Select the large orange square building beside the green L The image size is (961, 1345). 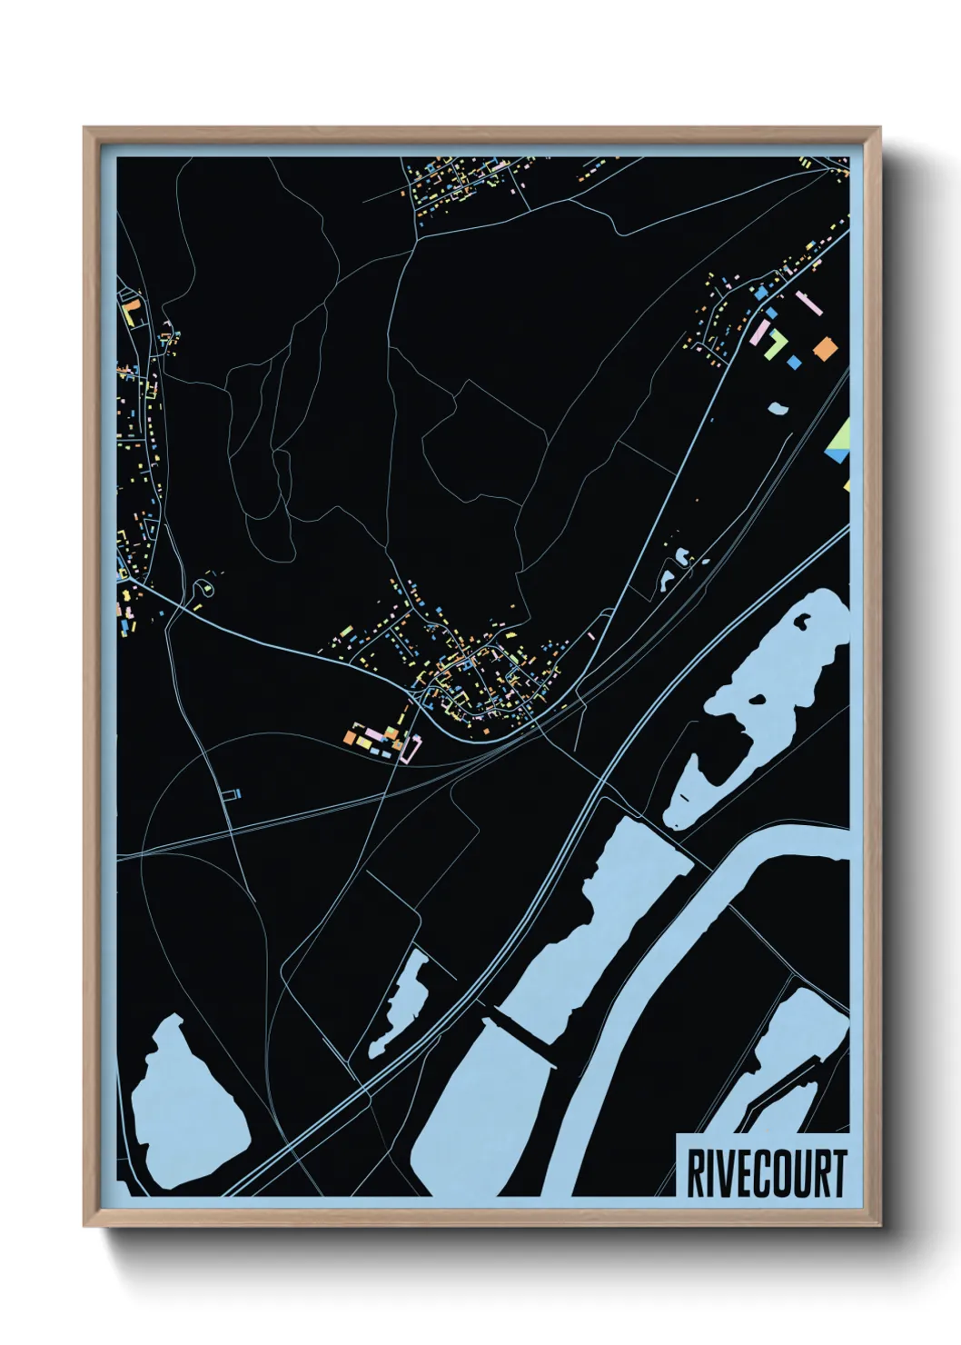824,348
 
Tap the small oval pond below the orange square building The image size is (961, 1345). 778,408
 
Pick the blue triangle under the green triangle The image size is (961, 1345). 839,454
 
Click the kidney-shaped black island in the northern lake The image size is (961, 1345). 804,623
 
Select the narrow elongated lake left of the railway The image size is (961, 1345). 400,1004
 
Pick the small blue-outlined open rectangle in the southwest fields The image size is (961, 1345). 232,794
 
